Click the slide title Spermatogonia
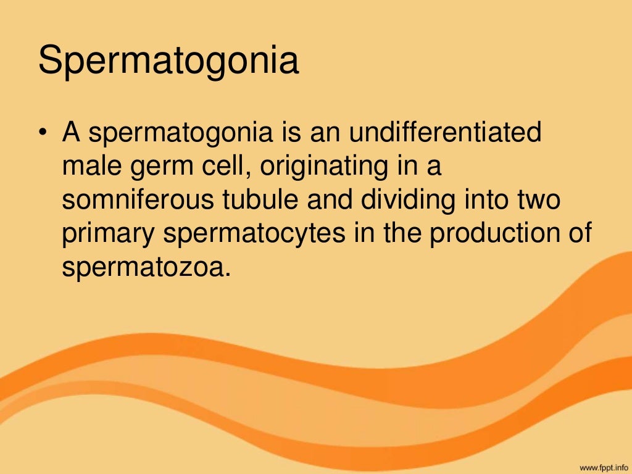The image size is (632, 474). (168, 63)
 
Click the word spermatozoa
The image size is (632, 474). (144, 269)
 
